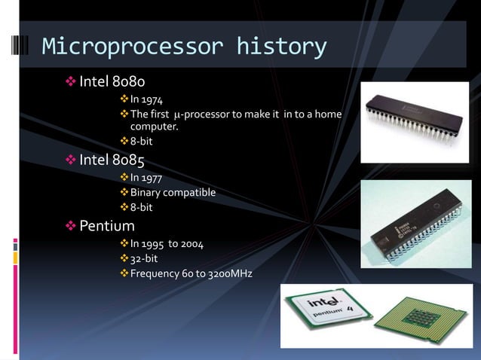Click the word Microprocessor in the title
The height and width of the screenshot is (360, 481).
click(x=133, y=47)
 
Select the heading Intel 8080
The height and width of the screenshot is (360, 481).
click(x=112, y=81)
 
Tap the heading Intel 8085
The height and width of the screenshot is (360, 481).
click(x=112, y=160)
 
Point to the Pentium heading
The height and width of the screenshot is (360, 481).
click(x=107, y=226)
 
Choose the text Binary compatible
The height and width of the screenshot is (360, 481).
click(x=173, y=192)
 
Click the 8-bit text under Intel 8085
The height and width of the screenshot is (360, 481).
click(x=143, y=207)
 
